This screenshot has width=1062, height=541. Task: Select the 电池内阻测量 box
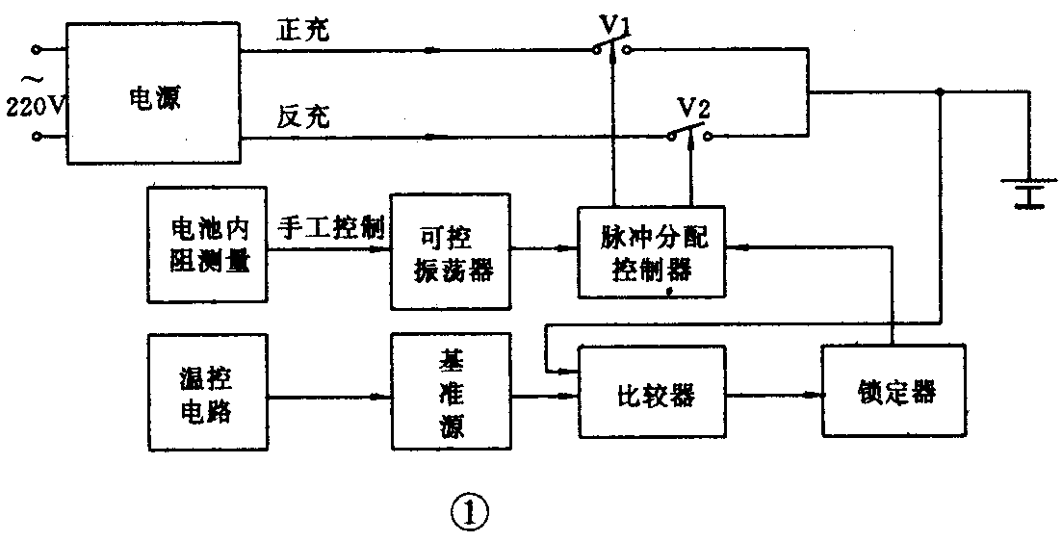208,245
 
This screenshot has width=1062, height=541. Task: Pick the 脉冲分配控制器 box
652,252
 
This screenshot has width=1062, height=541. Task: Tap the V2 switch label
693,108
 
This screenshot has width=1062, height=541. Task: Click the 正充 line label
303,30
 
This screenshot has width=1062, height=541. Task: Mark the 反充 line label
303,116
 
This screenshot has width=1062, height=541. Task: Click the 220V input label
35,104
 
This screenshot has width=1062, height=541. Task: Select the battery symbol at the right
1029,192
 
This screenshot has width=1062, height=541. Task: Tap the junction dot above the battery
940,92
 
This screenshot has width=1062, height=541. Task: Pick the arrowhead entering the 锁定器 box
814,395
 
